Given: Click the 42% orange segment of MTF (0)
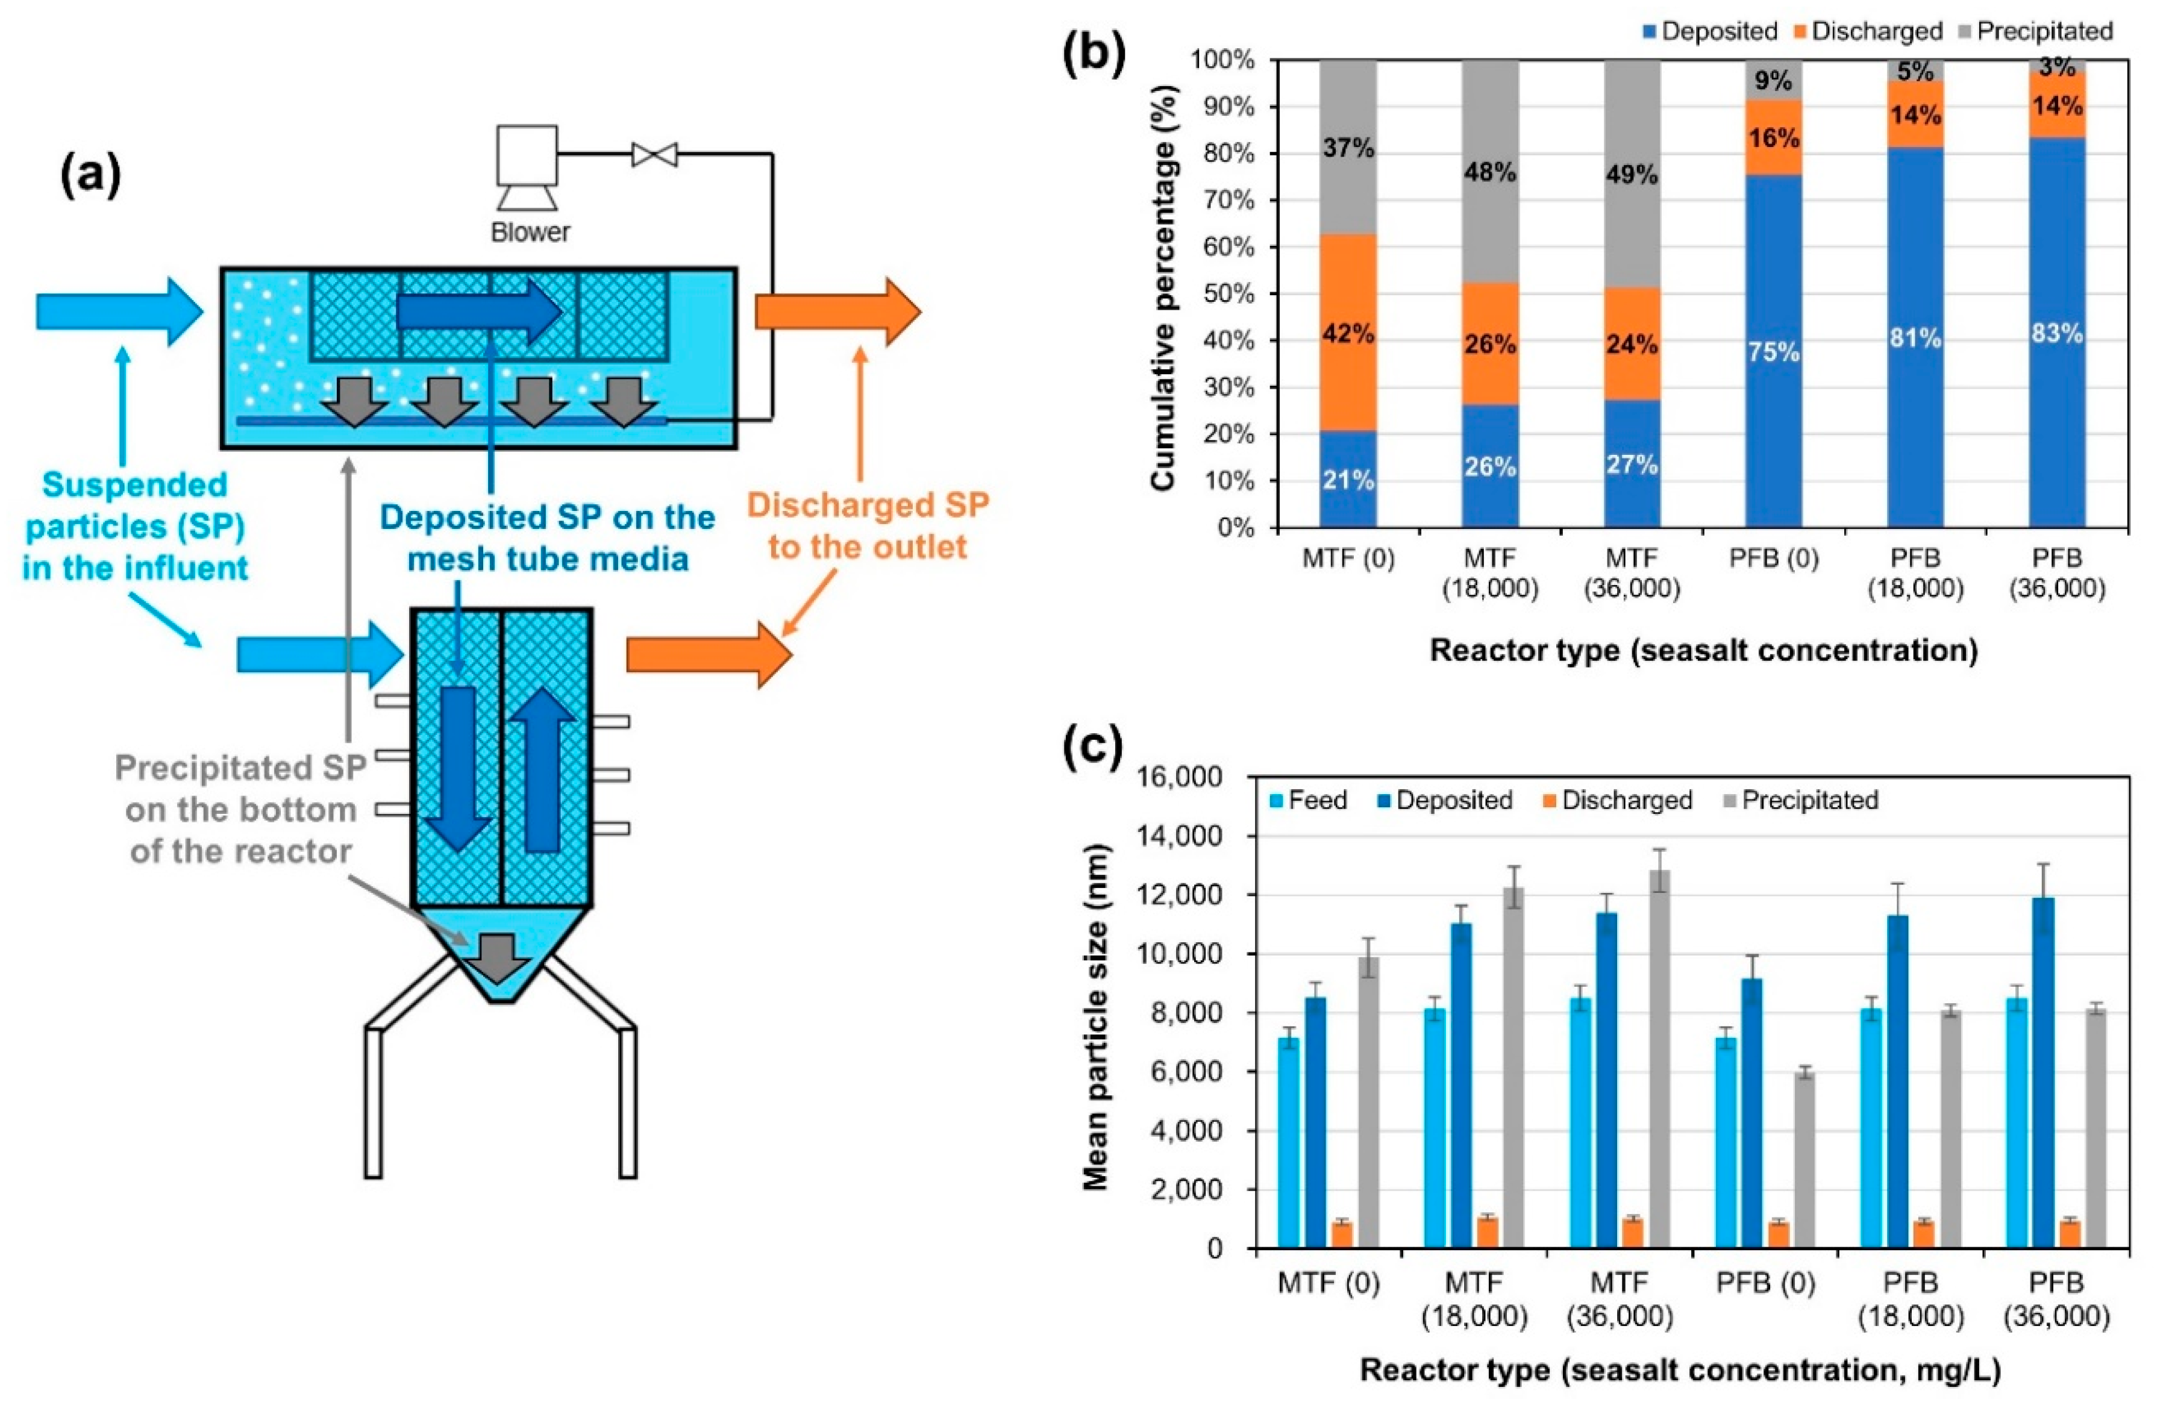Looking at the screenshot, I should tap(1348, 333).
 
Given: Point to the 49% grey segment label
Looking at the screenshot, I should tap(1632, 174).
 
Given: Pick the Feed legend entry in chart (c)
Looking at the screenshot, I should tap(1309, 801).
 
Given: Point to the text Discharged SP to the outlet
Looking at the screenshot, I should tap(868, 526).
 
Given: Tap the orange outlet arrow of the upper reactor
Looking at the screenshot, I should tap(837, 312).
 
